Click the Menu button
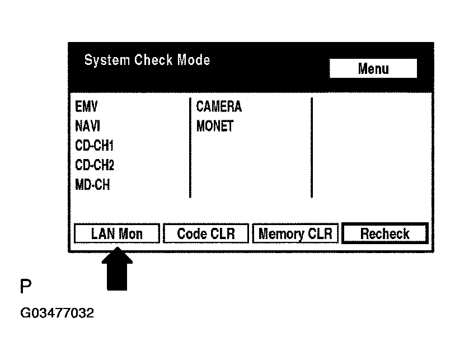click(x=373, y=69)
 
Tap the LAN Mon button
click(x=117, y=233)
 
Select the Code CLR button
click(x=205, y=233)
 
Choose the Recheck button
click(x=384, y=233)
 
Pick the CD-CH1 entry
click(x=94, y=146)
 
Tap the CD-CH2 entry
click(x=94, y=165)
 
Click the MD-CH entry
click(x=92, y=185)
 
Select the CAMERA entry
click(x=218, y=106)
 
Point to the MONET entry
click(x=214, y=126)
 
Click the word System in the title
click(x=107, y=60)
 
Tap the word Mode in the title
click(x=194, y=60)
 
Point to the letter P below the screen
click(x=25, y=287)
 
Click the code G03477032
click(x=57, y=313)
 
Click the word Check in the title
click(x=154, y=60)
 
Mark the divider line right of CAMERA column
click(x=311, y=147)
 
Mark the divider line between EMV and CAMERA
click(x=190, y=147)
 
